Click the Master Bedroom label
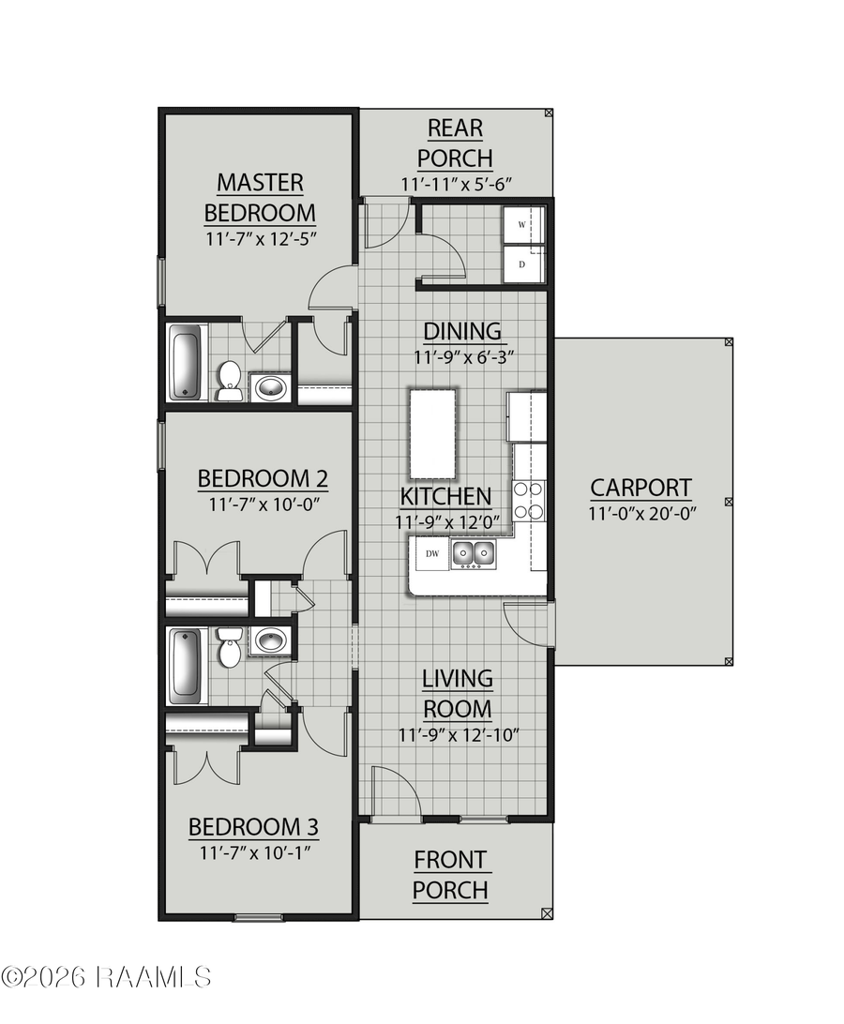point(260,196)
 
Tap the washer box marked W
point(523,226)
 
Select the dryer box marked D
point(522,264)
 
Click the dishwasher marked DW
point(432,553)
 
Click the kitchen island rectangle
point(431,433)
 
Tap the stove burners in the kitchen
point(530,500)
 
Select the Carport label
point(641,488)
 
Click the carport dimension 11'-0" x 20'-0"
point(641,513)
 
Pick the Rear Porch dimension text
point(455,185)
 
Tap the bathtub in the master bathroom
point(187,362)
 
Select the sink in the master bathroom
point(271,386)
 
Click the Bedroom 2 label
point(263,479)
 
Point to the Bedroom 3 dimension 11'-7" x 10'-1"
point(254,853)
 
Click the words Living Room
point(457,693)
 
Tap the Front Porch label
point(450,874)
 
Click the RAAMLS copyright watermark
point(106,976)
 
